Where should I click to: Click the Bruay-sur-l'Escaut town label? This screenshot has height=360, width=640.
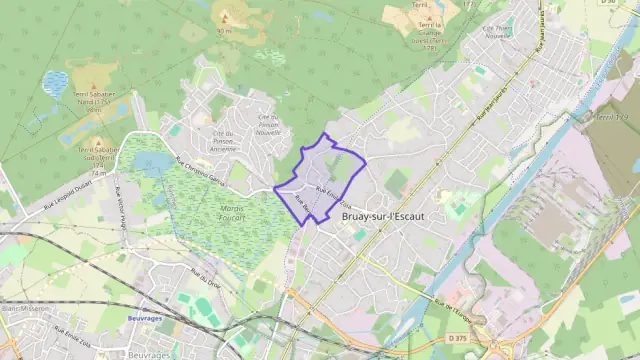[x=383, y=216]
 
